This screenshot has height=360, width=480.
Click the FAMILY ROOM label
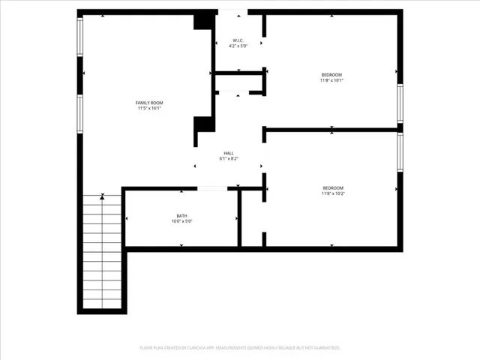[148, 103]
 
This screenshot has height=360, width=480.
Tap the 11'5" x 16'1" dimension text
[148, 109]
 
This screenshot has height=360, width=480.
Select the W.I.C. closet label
[238, 40]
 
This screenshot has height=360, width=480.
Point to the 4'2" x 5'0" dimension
[238, 46]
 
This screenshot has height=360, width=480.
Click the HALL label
[228, 153]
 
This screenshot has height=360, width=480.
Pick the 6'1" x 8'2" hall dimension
[228, 159]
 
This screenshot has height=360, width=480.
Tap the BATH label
[182, 216]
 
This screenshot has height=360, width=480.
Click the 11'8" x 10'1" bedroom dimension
[331, 81]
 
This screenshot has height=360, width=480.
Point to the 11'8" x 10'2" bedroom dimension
[333, 193]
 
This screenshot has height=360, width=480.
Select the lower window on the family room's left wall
[80, 112]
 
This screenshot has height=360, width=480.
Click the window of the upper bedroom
[400, 103]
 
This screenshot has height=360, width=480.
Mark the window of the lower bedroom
[400, 153]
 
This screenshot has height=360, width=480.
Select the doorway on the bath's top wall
[212, 188]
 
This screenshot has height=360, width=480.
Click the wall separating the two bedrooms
[331, 129]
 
